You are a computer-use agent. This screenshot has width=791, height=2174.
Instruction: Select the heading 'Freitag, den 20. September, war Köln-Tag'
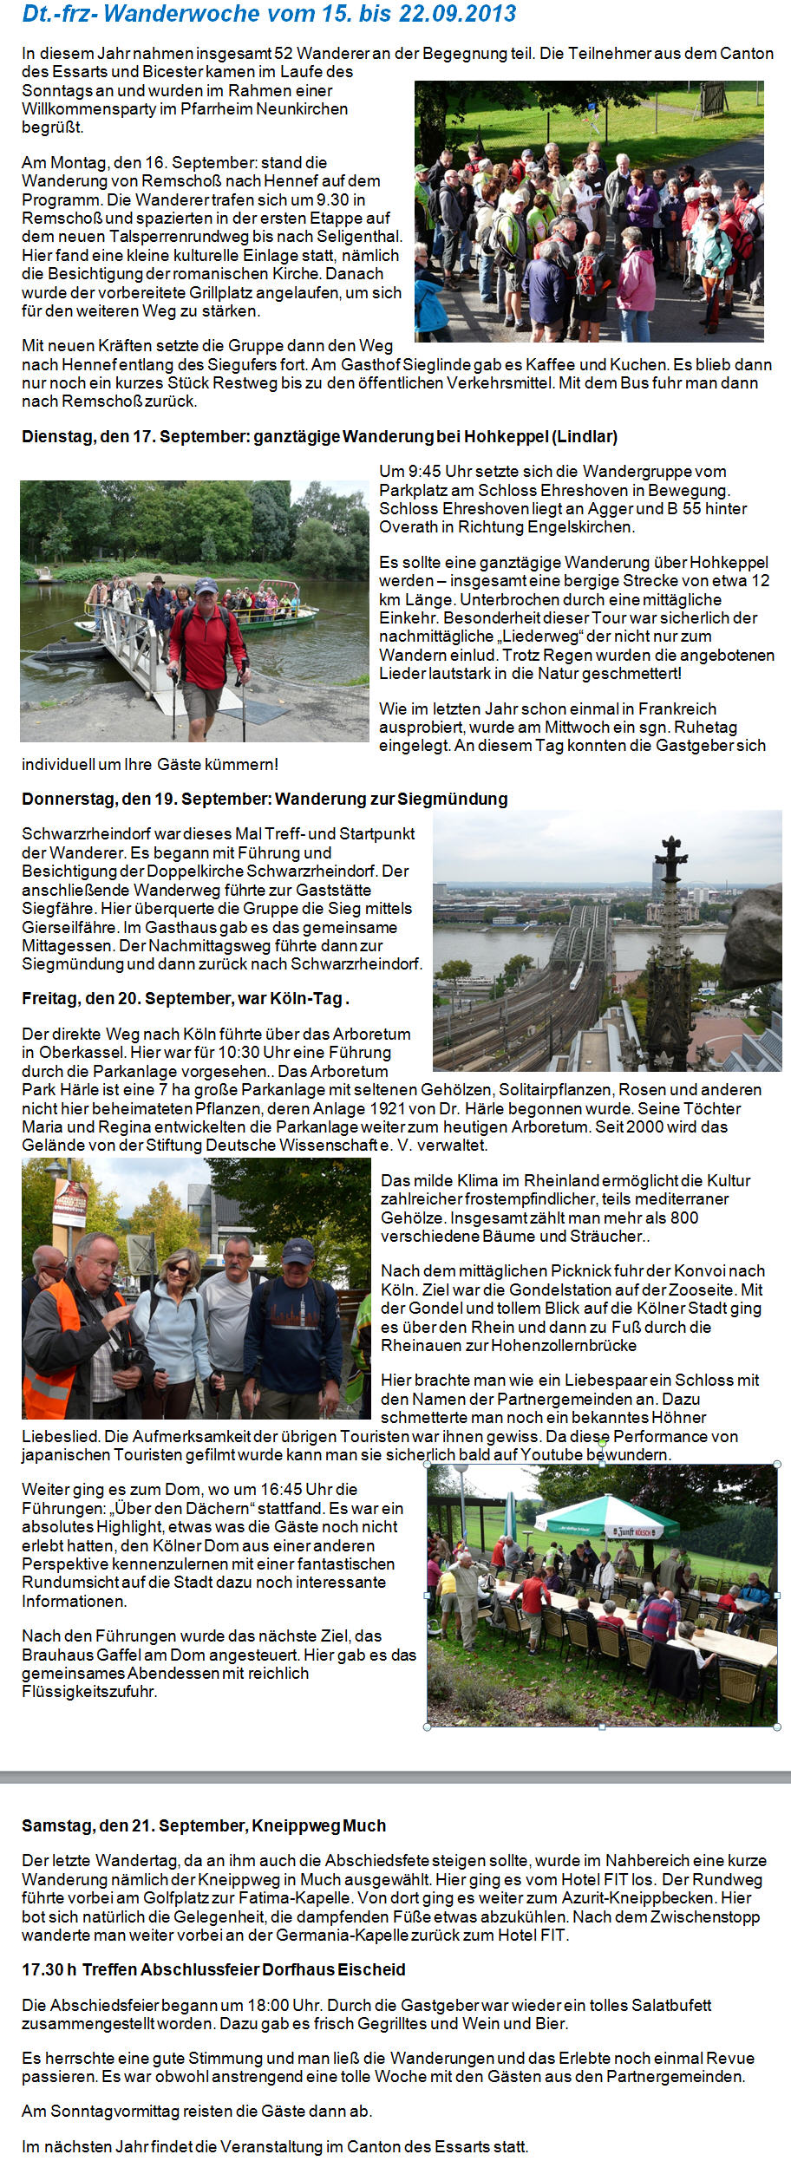185,998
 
